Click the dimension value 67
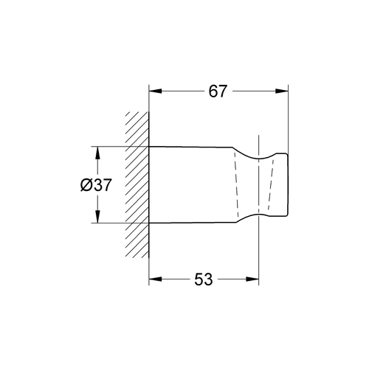[217, 91]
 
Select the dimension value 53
[203, 279]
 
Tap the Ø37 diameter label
[96, 185]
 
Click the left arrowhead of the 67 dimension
[156, 91]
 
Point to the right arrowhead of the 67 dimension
[281, 91]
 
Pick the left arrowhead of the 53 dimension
[156, 279]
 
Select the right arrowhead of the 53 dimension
[252, 279]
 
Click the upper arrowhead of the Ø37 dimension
[97, 153]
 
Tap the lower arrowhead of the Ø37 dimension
[97, 216]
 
